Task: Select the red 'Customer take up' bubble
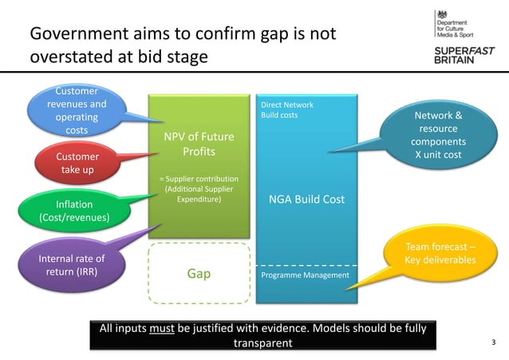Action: pos(77,163)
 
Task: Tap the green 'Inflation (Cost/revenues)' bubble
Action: pos(75,209)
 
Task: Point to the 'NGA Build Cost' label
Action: pos(306,199)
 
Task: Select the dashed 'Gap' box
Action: pos(199,274)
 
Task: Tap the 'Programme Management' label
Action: pos(306,275)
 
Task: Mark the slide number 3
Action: pos(493,342)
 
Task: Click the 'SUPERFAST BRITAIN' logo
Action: pos(464,57)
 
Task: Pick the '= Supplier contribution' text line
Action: pos(198,178)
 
